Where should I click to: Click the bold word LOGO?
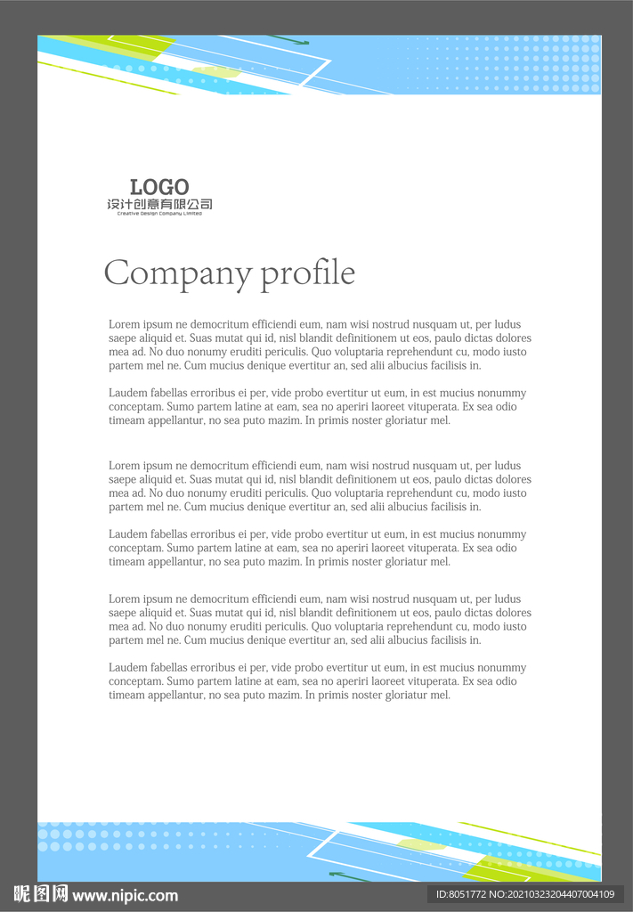159,187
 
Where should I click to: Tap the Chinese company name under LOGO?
159,205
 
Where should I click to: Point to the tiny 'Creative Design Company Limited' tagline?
159,214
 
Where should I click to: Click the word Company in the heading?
178,273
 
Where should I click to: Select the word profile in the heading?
308,273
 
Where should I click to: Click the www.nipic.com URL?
126,895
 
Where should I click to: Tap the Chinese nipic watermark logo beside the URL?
41,894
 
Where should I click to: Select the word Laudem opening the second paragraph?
128,393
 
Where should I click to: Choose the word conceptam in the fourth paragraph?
135,548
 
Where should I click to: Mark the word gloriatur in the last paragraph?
402,695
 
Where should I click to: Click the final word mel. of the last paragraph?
441,695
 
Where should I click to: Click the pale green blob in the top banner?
216,71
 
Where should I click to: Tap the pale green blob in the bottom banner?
421,844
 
